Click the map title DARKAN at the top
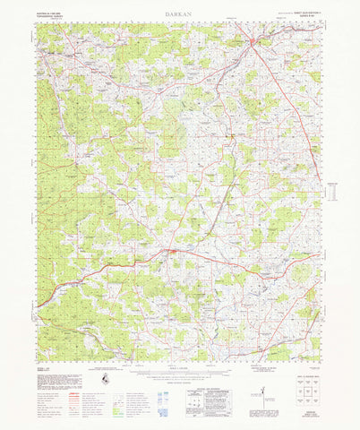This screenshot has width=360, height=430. pos(179,15)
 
